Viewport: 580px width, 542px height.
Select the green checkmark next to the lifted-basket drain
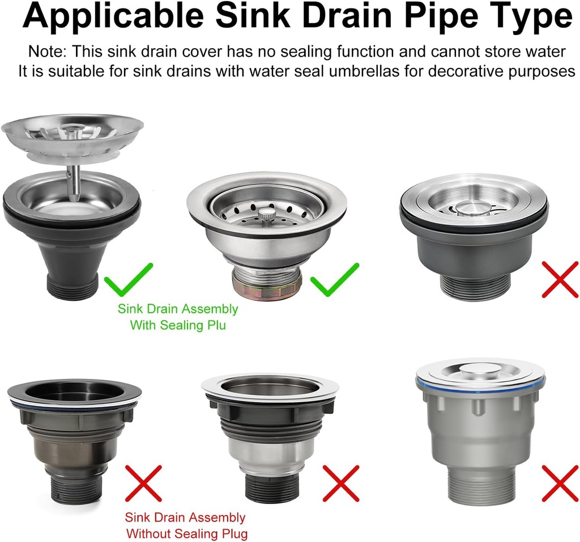tap(130, 279)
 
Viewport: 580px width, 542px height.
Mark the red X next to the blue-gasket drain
tap(560, 483)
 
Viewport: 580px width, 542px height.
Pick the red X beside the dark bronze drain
tap(143, 483)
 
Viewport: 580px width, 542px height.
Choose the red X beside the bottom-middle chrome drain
tap(340, 483)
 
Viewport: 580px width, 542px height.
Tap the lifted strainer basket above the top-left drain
tap(72, 133)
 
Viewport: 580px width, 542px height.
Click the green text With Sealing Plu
tap(177, 326)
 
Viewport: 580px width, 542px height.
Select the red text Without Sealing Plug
tap(186, 534)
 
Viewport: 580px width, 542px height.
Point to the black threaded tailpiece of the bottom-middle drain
tap(271, 486)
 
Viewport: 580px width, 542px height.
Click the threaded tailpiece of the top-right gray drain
tap(475, 287)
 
